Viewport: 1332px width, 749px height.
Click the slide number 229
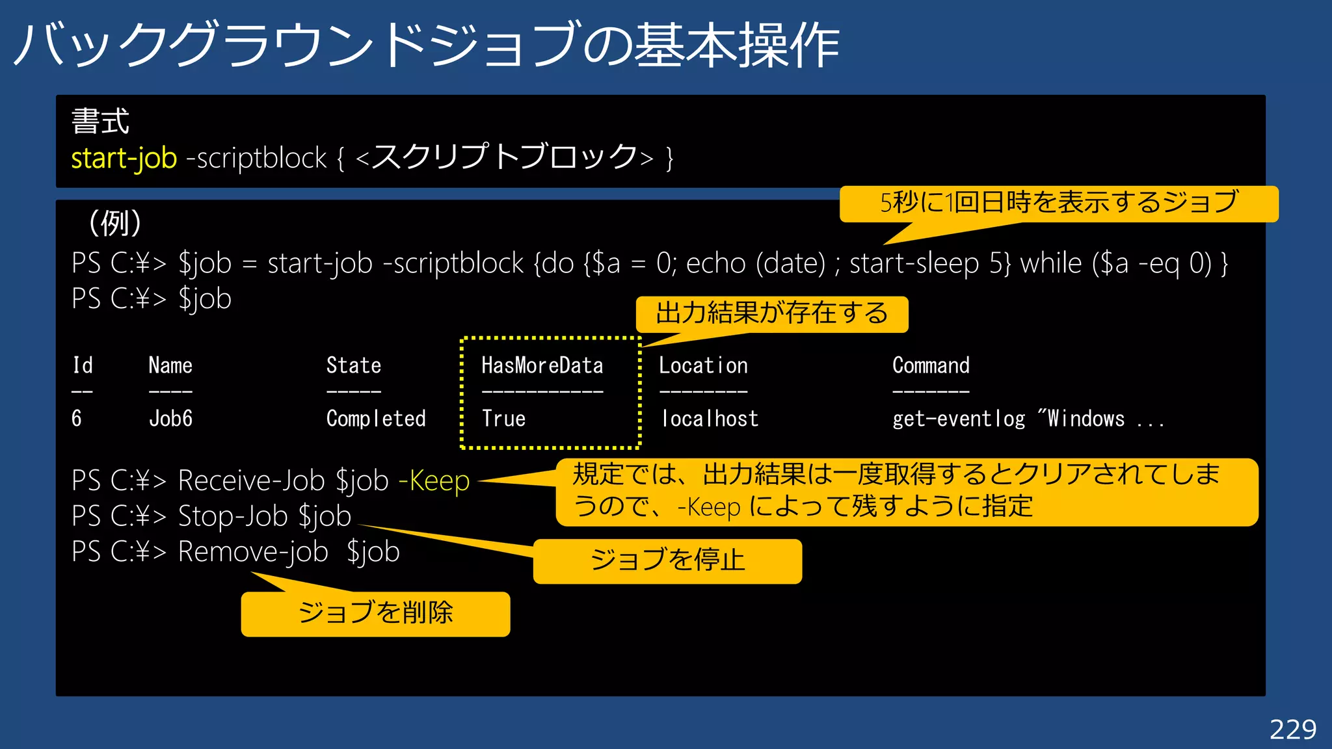tap(1292, 729)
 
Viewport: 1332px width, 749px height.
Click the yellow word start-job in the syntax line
tap(124, 158)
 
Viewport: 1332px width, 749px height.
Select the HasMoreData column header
tap(542, 365)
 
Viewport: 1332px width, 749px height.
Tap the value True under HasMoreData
tap(503, 418)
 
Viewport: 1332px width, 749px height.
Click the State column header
tap(353, 365)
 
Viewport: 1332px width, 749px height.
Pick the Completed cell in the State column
tap(376, 418)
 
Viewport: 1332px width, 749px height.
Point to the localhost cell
tap(710, 418)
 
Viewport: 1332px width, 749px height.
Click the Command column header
tap(931, 365)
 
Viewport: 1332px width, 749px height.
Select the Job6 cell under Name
tap(170, 418)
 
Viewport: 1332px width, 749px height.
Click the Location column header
tap(703, 365)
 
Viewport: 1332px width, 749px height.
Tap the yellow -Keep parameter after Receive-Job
tap(434, 481)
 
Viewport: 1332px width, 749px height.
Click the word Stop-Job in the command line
tap(233, 516)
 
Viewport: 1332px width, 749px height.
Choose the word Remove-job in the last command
tap(253, 552)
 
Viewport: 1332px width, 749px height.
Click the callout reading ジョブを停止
tap(667, 560)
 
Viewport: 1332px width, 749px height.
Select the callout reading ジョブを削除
tap(375, 613)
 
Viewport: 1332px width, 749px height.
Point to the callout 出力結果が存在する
tap(772, 314)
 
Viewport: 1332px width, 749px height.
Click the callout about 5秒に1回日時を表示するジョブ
tap(1059, 203)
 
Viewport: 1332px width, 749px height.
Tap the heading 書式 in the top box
tap(100, 122)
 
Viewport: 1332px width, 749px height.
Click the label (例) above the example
tap(115, 223)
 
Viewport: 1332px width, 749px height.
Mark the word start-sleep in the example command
tap(914, 263)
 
